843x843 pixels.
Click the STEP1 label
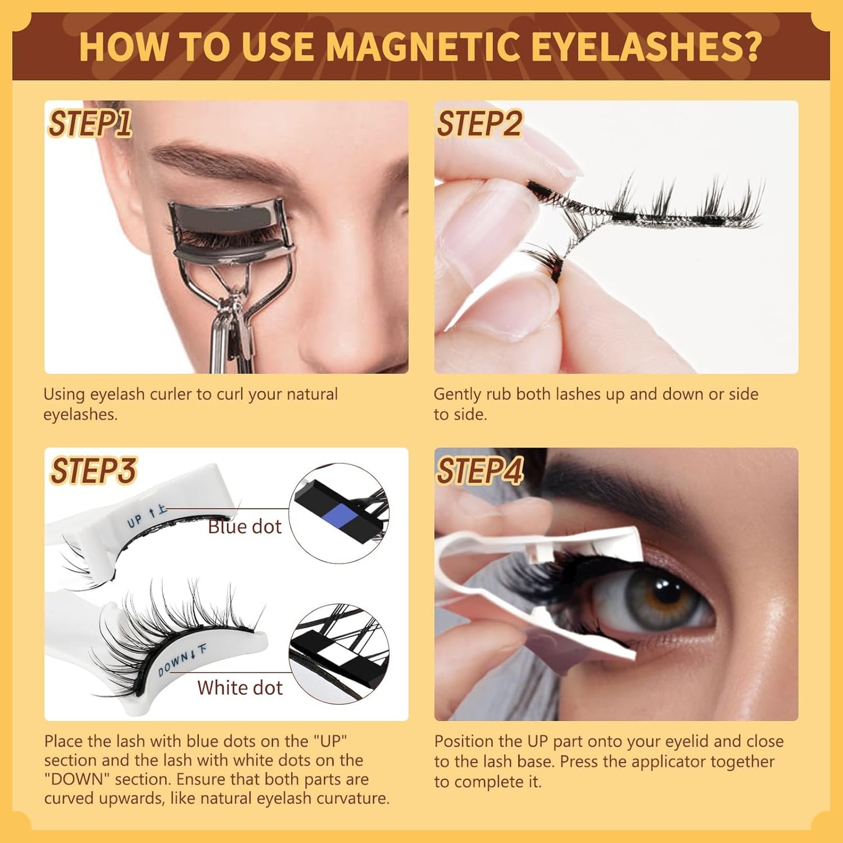pos(90,124)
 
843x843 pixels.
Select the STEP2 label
pos(479,124)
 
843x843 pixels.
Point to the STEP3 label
pos(93,471)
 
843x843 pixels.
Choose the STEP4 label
pos(480,471)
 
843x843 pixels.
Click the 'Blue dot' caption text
pos(244,527)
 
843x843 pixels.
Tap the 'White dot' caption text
pos(240,688)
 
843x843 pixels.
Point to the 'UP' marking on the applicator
pos(135,521)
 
